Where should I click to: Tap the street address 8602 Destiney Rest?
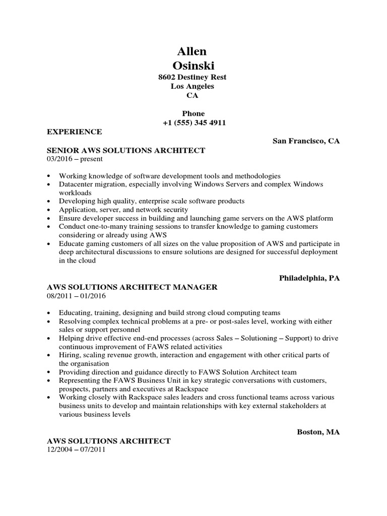pyautogui.click(x=192, y=77)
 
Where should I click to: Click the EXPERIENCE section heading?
pyautogui.click(x=74, y=132)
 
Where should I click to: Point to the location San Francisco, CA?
pyautogui.click(x=306, y=141)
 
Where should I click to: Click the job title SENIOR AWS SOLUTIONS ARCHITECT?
pyautogui.click(x=125, y=150)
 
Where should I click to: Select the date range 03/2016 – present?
pyautogui.click(x=75, y=159)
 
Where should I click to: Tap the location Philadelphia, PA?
pyautogui.click(x=309, y=278)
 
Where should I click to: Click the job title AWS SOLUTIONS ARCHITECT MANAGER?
pyautogui.click(x=132, y=287)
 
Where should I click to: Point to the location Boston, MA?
pyautogui.click(x=318, y=432)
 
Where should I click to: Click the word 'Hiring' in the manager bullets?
pyautogui.click(x=69, y=355)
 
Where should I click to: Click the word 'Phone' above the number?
pyautogui.click(x=193, y=114)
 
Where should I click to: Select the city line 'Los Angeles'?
pyautogui.click(x=192, y=86)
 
